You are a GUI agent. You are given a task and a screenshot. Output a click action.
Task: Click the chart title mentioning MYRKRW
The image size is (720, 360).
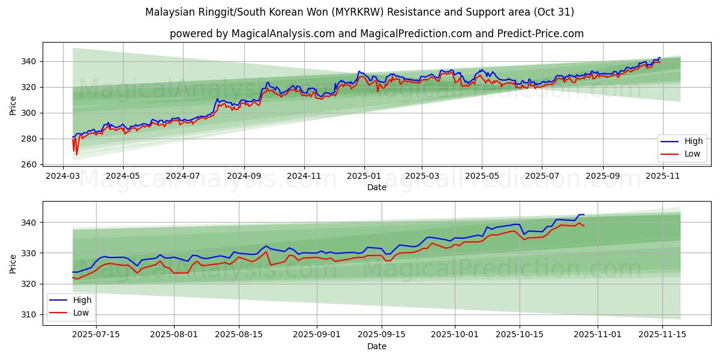(x=359, y=12)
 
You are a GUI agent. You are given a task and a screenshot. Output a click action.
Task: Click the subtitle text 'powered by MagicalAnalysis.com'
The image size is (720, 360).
(x=252, y=34)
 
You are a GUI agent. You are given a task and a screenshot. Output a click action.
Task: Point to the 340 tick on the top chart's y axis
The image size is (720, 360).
(x=29, y=61)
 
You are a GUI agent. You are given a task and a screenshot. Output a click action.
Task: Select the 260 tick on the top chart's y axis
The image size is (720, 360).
(x=29, y=164)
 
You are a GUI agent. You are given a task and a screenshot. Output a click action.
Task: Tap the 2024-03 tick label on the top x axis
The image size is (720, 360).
(x=64, y=176)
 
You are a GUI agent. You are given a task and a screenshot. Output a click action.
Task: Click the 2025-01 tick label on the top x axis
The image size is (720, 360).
(x=364, y=176)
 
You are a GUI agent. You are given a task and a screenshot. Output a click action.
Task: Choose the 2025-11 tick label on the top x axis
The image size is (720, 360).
(x=662, y=176)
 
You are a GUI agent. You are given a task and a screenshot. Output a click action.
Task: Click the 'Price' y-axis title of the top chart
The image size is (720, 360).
(x=13, y=106)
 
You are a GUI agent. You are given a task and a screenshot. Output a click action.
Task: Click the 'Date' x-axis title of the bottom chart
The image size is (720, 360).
(x=377, y=346)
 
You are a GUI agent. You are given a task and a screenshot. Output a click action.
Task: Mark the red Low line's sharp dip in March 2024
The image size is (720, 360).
(x=76, y=154)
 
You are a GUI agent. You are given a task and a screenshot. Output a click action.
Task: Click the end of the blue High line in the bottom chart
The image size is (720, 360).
(x=584, y=215)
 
